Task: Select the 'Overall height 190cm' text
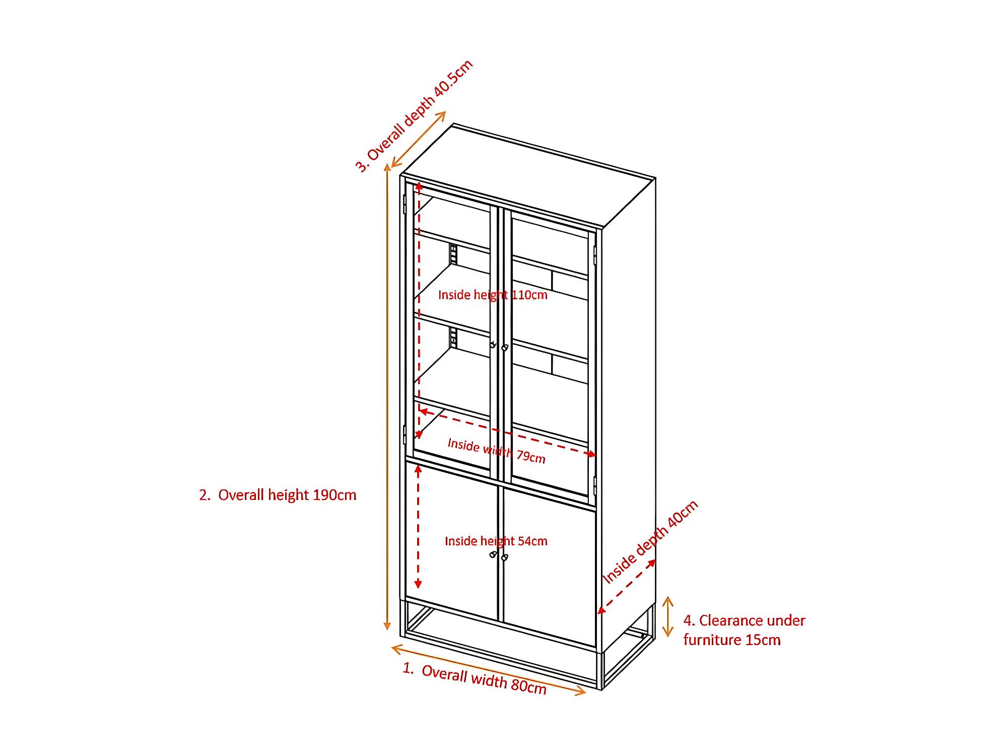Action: click(278, 495)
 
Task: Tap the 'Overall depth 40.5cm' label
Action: click(415, 116)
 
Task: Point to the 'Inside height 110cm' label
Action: click(492, 295)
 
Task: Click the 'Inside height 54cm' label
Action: click(496, 541)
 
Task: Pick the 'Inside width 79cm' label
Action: click(496, 451)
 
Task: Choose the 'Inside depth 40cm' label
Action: click(650, 542)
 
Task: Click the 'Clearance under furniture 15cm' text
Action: click(744, 630)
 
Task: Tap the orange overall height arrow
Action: click(387, 398)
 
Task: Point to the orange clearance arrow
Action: click(667, 616)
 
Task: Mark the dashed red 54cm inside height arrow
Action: click(418, 527)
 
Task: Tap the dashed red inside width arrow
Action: click(507, 433)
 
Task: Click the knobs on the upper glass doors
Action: click(499, 346)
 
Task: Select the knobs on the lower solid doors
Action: click(499, 556)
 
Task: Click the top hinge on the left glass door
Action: click(405, 204)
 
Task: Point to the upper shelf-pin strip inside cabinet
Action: click(453, 255)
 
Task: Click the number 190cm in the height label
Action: click(334, 495)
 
